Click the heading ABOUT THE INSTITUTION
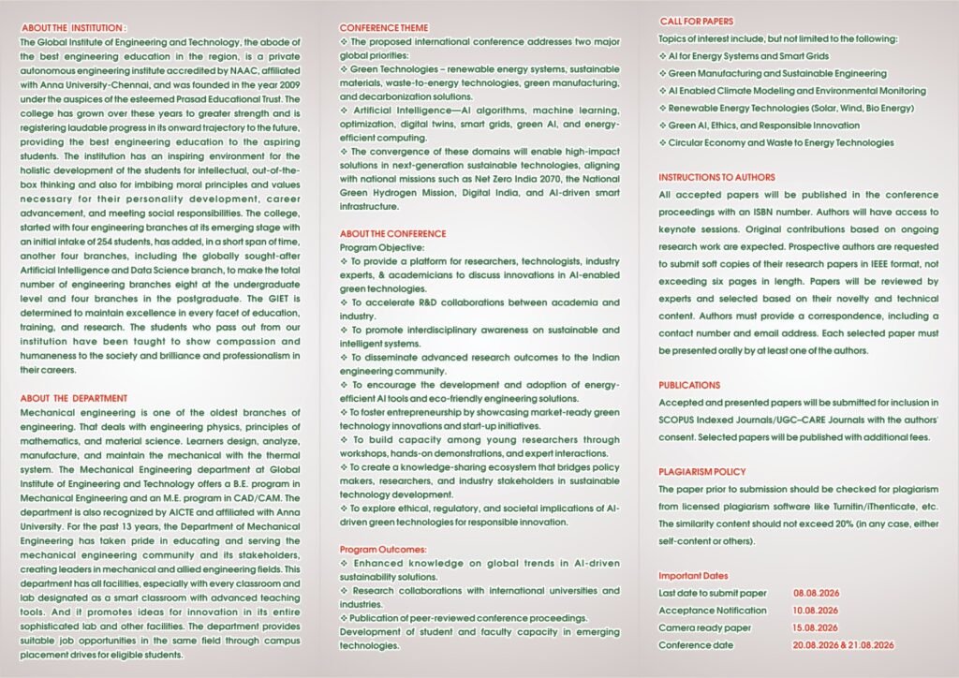[x=73, y=29]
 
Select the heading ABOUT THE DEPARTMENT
[x=74, y=398]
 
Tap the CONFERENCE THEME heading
[x=384, y=29]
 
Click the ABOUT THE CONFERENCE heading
[x=392, y=233]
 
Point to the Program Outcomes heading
[x=383, y=549]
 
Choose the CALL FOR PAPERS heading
[x=696, y=22]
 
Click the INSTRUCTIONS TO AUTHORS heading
[x=716, y=177]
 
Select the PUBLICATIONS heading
[x=689, y=385]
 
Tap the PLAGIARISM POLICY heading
[x=702, y=472]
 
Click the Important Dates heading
[x=693, y=575]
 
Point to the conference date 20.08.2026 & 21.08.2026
[x=844, y=645]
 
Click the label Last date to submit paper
[x=712, y=593]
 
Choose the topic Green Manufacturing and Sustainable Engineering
[x=776, y=73]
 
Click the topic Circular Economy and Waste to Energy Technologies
[x=780, y=142]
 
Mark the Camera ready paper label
[x=704, y=627]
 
